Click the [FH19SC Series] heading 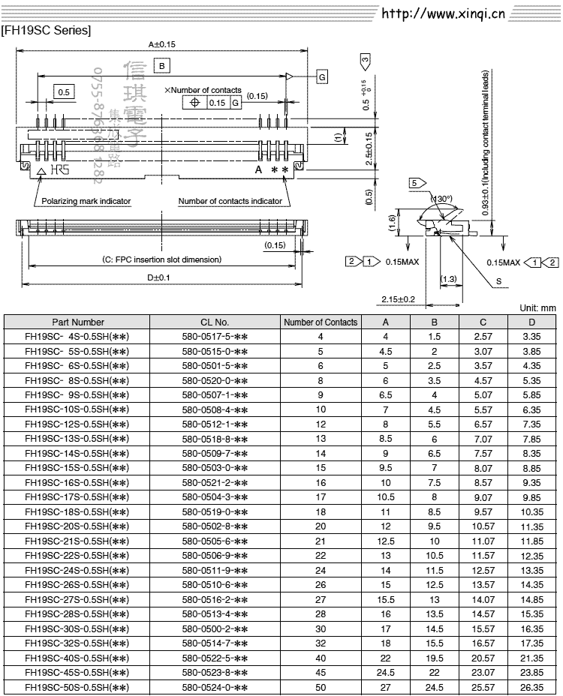coord(47,31)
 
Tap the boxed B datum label coord(162,66)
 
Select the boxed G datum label coord(321,77)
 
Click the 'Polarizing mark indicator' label coord(86,201)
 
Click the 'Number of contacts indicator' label coord(230,201)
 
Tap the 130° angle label coord(443,199)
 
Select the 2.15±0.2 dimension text coord(398,299)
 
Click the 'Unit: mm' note coord(537,308)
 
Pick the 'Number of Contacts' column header coord(321,322)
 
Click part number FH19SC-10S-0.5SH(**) coord(77,409)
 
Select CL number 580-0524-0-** coord(215,687)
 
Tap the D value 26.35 coord(531,687)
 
